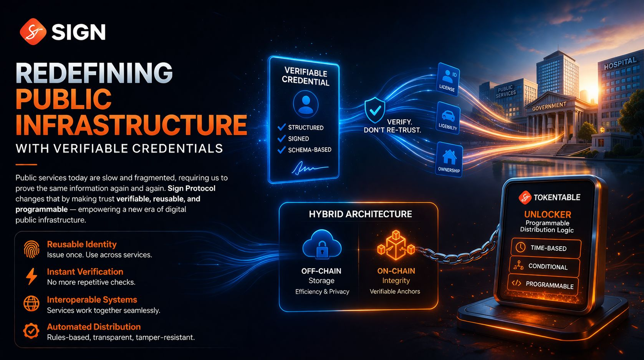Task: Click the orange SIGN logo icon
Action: [33, 32]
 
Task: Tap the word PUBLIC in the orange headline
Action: [63, 99]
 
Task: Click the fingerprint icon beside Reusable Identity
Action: [31, 249]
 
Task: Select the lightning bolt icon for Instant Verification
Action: [31, 276]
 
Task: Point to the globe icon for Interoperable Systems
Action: [31, 304]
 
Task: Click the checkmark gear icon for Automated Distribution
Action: [31, 331]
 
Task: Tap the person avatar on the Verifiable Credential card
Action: [306, 104]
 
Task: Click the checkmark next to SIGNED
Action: [281, 138]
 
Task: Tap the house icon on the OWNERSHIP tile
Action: [449, 157]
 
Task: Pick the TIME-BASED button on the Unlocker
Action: [546, 248]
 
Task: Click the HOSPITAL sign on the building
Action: [620, 63]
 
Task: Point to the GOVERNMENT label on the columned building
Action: [549, 106]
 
